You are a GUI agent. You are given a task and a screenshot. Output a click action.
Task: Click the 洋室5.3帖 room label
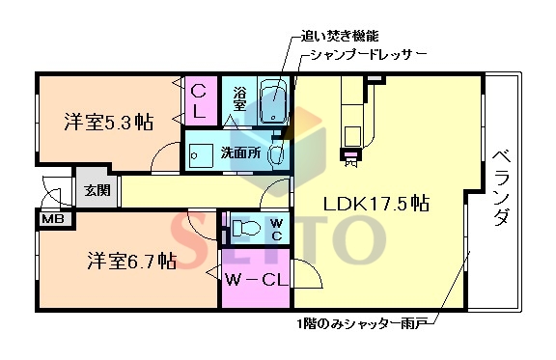[108, 123]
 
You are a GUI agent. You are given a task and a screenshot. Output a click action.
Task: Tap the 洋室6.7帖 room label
[131, 260]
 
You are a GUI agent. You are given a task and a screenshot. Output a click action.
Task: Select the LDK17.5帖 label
[376, 205]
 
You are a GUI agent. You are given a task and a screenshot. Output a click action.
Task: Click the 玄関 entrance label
[96, 190]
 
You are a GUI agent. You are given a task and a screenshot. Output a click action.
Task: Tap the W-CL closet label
[254, 281]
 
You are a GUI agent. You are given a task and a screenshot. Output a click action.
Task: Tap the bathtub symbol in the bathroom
[275, 101]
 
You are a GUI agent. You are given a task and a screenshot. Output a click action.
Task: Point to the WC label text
[275, 229]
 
